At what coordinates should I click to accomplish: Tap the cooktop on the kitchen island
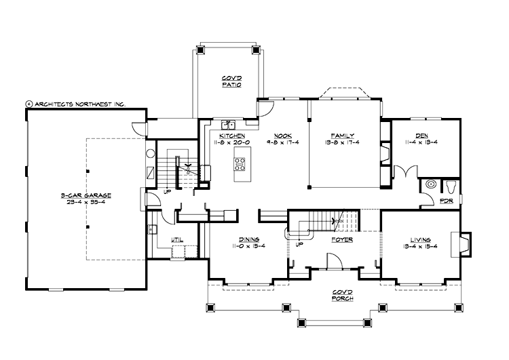tap(240, 163)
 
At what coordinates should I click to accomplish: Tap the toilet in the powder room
tap(452, 186)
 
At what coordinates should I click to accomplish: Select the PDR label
tap(447, 201)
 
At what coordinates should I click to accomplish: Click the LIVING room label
tap(421, 239)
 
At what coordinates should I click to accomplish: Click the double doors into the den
tap(406, 172)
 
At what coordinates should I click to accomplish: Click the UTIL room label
tap(177, 239)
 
